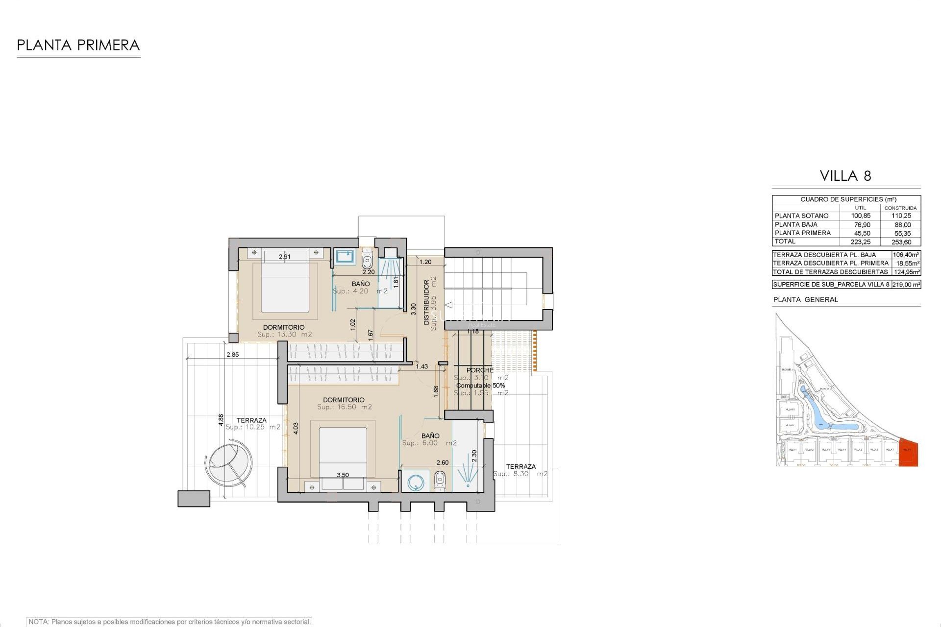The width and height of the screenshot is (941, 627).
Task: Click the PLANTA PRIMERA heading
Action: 78,46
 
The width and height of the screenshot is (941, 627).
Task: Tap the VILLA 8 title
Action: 845,176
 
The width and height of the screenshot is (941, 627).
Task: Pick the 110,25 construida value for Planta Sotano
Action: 901,216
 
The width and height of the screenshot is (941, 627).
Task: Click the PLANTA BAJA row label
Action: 796,224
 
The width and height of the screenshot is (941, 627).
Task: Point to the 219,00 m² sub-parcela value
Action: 906,285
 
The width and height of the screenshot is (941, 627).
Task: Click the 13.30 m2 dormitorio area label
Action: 284,335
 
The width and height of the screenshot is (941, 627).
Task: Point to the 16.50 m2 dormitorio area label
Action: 344,407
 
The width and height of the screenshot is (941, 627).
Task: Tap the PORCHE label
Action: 480,370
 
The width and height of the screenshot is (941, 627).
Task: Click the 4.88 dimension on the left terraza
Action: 221,419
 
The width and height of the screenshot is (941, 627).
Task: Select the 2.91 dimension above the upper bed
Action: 285,257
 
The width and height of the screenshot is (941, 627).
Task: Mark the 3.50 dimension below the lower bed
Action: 343,475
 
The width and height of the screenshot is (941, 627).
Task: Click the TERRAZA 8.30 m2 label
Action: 520,470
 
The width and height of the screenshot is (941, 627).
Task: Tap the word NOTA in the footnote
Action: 38,622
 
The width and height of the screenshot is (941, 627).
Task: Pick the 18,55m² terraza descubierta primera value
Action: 906,264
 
